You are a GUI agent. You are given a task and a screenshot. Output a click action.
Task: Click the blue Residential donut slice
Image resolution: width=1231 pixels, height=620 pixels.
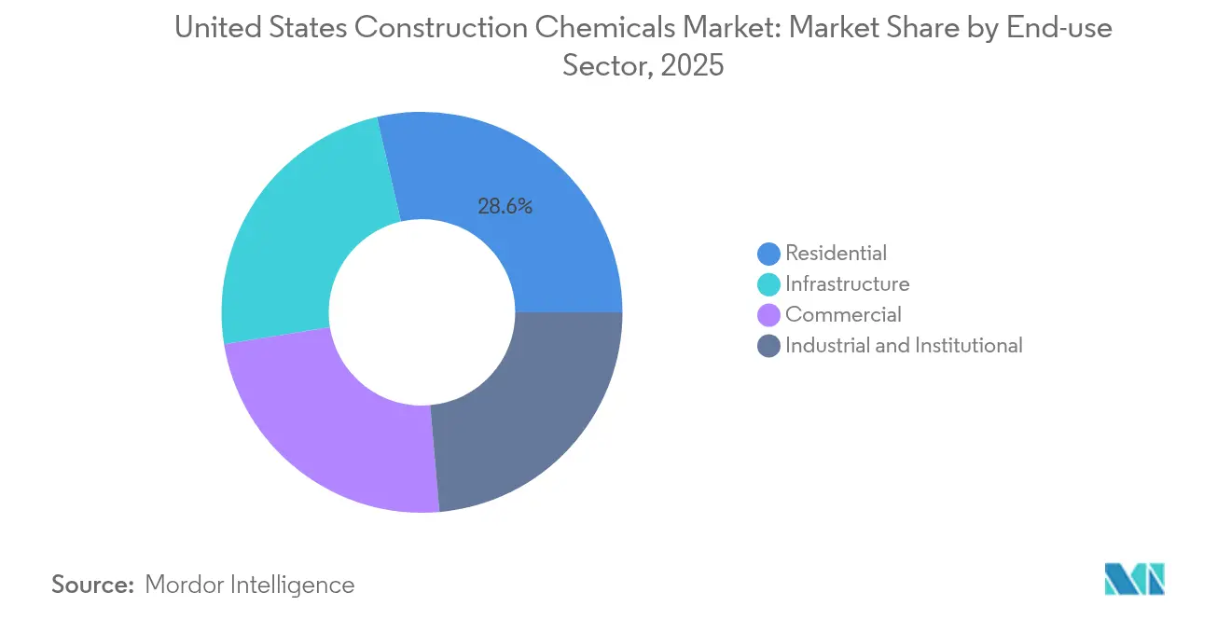[x=522, y=224]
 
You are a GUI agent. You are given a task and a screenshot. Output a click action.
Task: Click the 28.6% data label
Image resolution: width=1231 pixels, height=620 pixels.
[x=505, y=207]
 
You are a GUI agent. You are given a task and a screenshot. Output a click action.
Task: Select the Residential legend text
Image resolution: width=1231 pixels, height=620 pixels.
[x=836, y=253]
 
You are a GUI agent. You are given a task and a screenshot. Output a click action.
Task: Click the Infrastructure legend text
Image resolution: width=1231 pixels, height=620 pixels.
[x=847, y=283]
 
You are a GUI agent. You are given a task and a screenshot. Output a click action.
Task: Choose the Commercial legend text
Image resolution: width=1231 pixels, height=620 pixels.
[x=843, y=314]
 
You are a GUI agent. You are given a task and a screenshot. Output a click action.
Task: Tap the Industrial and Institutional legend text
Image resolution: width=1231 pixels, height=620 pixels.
[x=904, y=345]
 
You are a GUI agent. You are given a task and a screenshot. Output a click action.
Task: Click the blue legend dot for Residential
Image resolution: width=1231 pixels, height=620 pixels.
[x=769, y=254]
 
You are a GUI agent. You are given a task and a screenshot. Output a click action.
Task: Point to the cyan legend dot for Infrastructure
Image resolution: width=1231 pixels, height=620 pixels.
[x=769, y=284]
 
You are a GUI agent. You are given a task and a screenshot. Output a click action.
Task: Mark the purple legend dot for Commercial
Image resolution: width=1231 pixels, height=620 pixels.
[x=769, y=315]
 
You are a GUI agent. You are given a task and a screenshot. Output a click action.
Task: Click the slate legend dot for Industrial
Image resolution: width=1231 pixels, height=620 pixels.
[x=769, y=346]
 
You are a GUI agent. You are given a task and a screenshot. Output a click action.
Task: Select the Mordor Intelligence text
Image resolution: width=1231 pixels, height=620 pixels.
[x=250, y=585]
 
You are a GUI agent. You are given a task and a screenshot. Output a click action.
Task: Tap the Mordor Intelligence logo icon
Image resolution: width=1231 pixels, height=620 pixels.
[x=1134, y=579]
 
